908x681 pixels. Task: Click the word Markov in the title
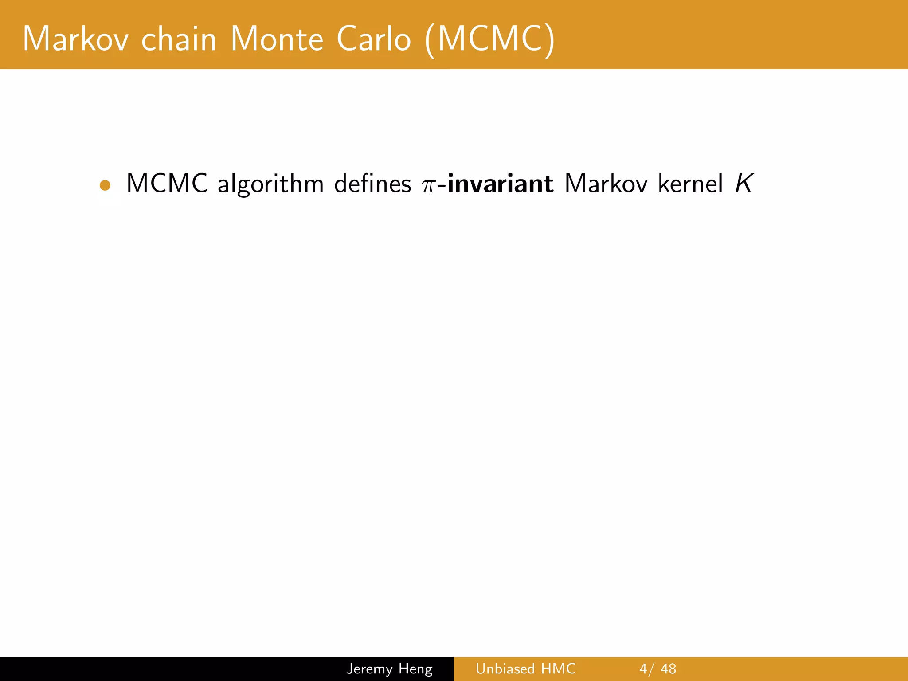click(76, 39)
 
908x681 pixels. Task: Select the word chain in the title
click(179, 39)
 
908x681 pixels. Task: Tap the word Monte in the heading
click(277, 39)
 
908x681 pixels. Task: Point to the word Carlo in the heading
click(374, 39)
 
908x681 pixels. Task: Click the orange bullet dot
click(105, 185)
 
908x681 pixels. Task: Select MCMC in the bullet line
click(167, 183)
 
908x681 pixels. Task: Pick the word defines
click(372, 183)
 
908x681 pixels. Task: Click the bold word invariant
click(501, 183)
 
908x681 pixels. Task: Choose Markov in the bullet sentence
click(606, 183)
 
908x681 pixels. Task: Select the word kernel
click(690, 183)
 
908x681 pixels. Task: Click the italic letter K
click(744, 183)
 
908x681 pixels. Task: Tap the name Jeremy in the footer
click(369, 669)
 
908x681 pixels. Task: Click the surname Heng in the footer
click(415, 669)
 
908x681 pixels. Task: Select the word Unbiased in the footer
click(505, 669)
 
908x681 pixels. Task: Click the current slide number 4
click(643, 669)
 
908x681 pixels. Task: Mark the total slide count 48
click(668, 669)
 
